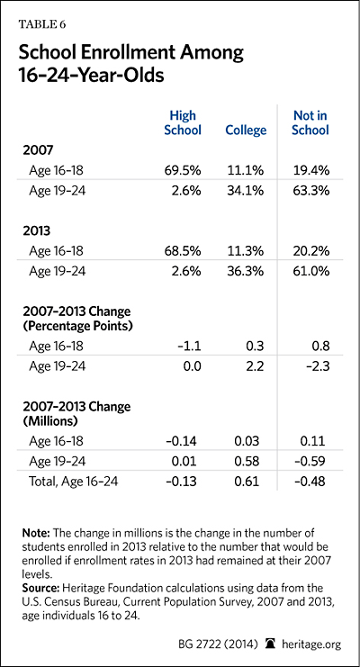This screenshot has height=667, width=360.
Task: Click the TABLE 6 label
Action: click(41, 24)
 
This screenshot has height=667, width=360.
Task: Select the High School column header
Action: click(183, 122)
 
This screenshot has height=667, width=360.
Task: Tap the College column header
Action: click(246, 130)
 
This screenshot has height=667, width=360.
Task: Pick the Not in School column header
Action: click(310, 122)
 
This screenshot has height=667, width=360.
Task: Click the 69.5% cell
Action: click(183, 170)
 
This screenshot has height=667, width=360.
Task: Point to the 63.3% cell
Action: click(311, 191)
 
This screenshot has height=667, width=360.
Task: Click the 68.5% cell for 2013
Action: click(183, 251)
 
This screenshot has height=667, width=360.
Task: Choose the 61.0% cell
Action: click(312, 272)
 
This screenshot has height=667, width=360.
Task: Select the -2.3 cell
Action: click(318, 366)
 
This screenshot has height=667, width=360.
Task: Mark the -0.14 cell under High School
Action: click(183, 441)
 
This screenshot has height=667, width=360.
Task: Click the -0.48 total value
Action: click(311, 482)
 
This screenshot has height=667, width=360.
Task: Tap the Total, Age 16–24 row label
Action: click(73, 482)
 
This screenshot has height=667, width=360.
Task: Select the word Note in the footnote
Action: click(31, 534)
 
